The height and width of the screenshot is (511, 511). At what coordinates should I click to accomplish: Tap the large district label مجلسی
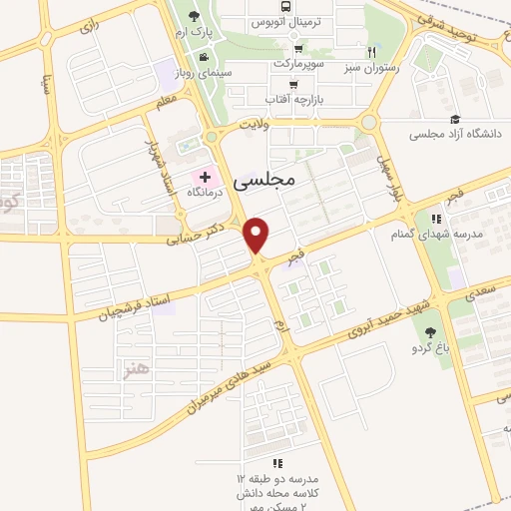(x=264, y=181)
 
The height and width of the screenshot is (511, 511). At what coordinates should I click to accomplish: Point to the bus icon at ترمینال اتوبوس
(x=299, y=7)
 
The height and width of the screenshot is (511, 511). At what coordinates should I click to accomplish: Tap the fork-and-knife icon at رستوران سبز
(x=371, y=52)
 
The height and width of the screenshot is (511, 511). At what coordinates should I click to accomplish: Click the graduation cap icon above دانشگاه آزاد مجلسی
(x=455, y=119)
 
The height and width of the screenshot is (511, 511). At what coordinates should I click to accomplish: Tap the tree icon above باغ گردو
(x=431, y=332)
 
